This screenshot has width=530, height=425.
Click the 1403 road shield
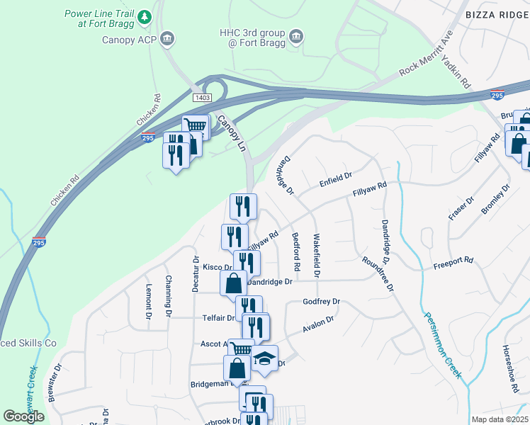point(201,98)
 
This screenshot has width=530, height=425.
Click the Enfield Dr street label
point(336,176)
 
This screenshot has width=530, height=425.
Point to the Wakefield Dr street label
point(317,255)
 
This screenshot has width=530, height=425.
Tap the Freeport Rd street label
point(453,263)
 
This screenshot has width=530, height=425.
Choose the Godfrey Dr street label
point(322,302)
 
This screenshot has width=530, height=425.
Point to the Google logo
point(24,416)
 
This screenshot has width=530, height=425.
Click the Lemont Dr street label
point(149,295)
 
